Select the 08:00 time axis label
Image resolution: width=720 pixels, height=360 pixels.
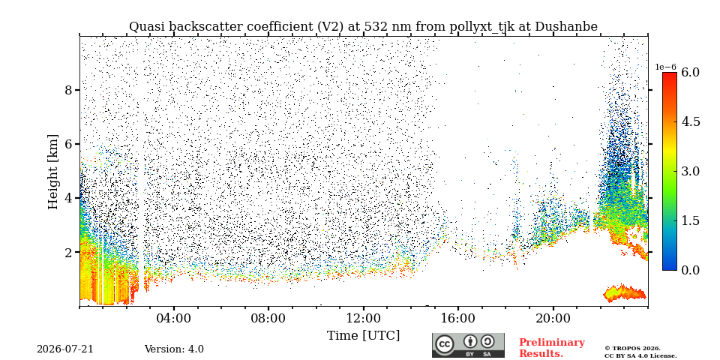(x=268, y=318)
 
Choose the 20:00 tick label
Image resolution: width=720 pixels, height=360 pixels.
(x=553, y=318)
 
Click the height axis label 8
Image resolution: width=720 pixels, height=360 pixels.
(x=69, y=89)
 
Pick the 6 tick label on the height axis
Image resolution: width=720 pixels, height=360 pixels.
(x=69, y=144)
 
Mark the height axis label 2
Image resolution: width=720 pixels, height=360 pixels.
(x=69, y=252)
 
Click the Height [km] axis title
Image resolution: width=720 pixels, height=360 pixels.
(x=53, y=172)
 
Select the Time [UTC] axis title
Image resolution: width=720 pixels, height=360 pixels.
(x=363, y=335)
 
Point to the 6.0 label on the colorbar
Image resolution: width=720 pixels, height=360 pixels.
(x=690, y=72)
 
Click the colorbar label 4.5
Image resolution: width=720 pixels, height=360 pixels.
(x=690, y=121)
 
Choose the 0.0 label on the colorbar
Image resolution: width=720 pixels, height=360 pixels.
(x=690, y=270)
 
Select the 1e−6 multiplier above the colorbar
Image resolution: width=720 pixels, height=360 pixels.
(x=665, y=67)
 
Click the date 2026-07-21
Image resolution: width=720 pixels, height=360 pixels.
(x=64, y=349)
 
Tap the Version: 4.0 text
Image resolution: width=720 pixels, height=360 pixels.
(x=174, y=349)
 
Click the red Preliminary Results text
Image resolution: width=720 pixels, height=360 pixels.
(x=552, y=347)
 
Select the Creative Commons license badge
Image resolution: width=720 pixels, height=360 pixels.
(x=468, y=345)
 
